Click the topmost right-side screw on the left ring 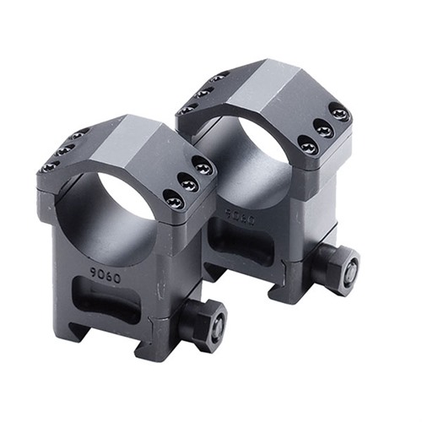click(x=202, y=165)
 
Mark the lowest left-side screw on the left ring click(x=50, y=165)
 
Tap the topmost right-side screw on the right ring click(x=339, y=111)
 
